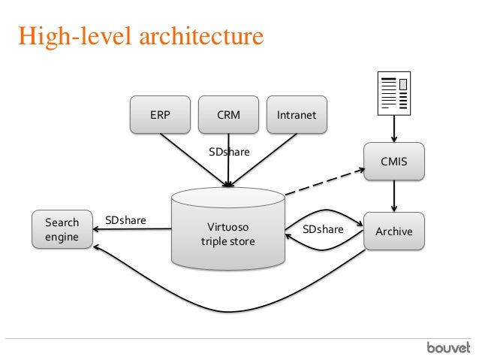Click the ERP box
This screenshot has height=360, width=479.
point(160,115)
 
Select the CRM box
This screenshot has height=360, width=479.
point(228,115)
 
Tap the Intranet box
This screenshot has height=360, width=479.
point(297,115)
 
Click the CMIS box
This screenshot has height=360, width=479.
point(393,161)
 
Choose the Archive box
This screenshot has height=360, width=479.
point(393,231)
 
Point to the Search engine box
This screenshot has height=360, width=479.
point(62,229)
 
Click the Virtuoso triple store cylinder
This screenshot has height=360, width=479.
point(228,228)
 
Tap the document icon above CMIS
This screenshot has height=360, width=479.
point(394,93)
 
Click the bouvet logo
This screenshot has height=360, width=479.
point(448,348)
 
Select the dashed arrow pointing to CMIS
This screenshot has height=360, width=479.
point(325,181)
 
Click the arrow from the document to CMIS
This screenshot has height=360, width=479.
point(394,129)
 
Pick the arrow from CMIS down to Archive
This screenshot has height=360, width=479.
point(394,196)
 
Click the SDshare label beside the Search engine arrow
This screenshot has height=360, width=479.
point(125,220)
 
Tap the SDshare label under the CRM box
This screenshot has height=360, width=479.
point(229,152)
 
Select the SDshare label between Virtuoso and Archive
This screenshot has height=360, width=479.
point(323,229)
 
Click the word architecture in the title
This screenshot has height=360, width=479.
point(201,36)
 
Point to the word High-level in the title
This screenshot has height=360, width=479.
point(75,37)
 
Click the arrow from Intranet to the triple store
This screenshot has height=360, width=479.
point(262,160)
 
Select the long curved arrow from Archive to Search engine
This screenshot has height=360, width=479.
point(227,312)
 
